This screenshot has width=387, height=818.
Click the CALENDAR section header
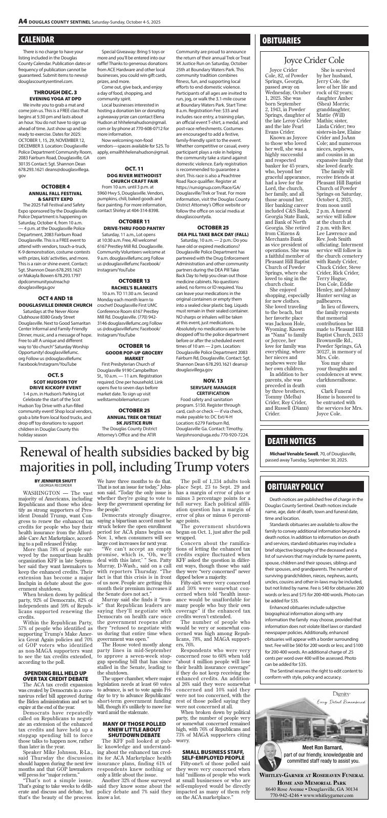pos(37,39)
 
